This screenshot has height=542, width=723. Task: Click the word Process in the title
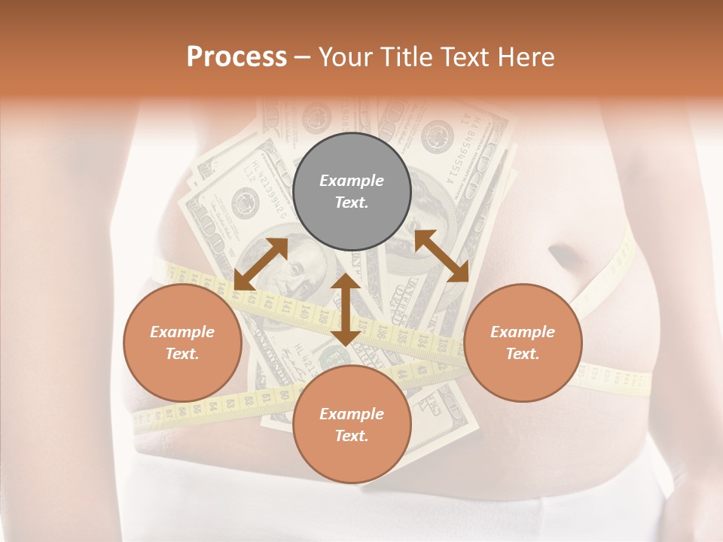tap(236, 57)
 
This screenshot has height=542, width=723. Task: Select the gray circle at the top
tap(352, 191)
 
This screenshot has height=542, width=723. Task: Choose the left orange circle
tap(182, 343)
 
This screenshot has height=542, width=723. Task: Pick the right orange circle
tap(523, 343)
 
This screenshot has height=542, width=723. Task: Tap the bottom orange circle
tap(352, 424)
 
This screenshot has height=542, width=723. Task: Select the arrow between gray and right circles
tap(441, 256)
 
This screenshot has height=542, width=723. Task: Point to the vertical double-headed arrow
tap(346, 310)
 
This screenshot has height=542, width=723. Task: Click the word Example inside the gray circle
tap(352, 181)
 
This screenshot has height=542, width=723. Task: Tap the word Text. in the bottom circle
tap(352, 436)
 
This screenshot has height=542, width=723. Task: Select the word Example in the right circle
tap(523, 332)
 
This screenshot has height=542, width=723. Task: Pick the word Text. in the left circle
tap(182, 354)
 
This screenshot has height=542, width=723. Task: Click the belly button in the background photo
tap(566, 257)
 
